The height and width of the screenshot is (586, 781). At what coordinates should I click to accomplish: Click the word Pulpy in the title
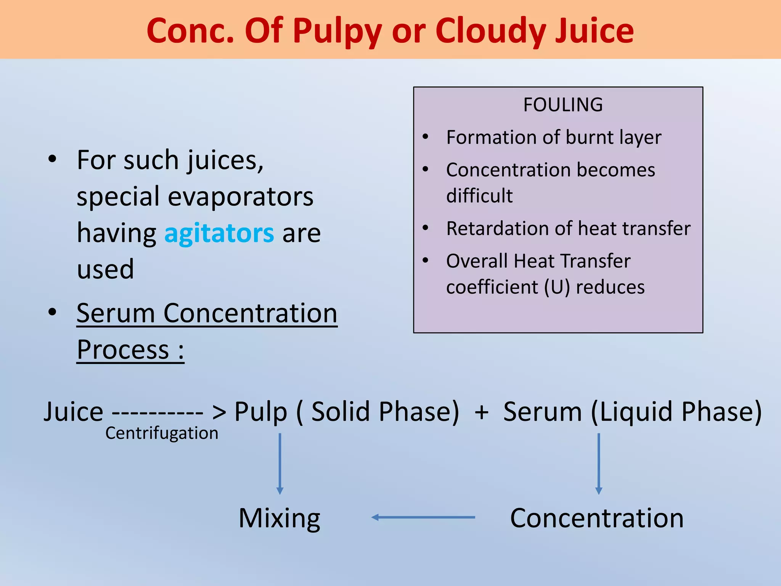[x=337, y=31]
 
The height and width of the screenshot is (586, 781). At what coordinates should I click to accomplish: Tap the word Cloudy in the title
[x=490, y=31]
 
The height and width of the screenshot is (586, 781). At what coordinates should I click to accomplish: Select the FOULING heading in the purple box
[x=563, y=105]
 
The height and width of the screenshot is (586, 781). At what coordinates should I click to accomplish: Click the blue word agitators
[x=219, y=233]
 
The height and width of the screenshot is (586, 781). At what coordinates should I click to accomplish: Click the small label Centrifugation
[x=162, y=433]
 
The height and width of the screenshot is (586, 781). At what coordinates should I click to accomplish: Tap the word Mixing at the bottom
[x=279, y=518]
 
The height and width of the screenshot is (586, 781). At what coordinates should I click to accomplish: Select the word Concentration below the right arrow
[x=597, y=518]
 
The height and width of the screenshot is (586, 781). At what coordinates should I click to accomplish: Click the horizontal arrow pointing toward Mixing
[x=423, y=517]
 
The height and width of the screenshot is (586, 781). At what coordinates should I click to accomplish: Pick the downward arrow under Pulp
[x=280, y=464]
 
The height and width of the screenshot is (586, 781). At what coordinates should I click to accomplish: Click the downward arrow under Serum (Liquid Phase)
[x=599, y=464]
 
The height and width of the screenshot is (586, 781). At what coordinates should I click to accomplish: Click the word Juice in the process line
[x=73, y=412]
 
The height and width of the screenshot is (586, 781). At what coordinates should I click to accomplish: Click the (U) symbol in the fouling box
[x=557, y=287]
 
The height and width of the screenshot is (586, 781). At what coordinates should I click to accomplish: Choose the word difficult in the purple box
[x=479, y=196]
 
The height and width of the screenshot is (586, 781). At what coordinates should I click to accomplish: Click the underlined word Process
[x=123, y=349]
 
